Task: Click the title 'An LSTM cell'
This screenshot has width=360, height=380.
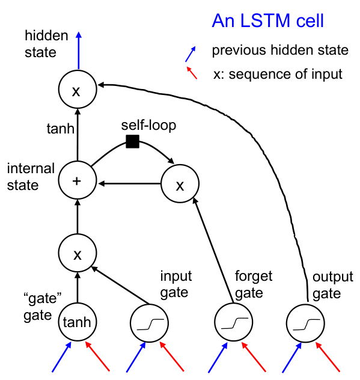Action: click(267, 21)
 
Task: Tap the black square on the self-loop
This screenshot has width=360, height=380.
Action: click(132, 141)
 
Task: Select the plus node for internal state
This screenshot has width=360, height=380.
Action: click(78, 180)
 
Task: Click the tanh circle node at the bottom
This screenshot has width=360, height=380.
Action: click(78, 322)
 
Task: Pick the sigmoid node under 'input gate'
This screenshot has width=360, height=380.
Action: click(149, 323)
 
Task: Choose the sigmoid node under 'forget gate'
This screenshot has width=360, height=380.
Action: click(234, 322)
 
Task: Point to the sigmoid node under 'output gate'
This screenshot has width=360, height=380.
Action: click(305, 323)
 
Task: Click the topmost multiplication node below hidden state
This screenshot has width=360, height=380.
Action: click(78, 90)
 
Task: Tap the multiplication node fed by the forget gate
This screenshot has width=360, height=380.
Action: click(180, 183)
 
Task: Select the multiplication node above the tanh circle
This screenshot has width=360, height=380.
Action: click(78, 253)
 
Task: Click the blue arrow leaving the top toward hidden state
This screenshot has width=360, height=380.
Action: click(79, 51)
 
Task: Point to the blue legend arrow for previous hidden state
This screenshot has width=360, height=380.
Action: click(191, 54)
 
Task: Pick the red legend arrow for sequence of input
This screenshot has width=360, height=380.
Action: click(192, 73)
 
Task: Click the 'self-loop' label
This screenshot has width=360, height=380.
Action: click(148, 125)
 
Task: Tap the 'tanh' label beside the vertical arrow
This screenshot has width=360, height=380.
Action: click(60, 128)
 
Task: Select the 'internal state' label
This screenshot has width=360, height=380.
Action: click(31, 177)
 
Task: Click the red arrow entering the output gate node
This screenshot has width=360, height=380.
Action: click(328, 357)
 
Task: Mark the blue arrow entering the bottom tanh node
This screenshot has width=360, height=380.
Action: click(62, 357)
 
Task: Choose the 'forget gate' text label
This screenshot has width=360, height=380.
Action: click(254, 284)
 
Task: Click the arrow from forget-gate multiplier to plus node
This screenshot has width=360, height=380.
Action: click(129, 183)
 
